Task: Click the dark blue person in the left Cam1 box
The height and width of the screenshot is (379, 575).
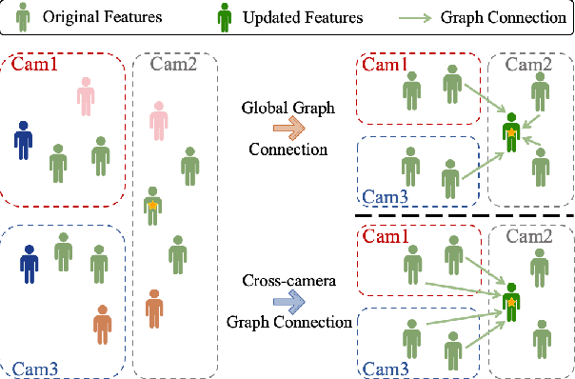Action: tap(24, 139)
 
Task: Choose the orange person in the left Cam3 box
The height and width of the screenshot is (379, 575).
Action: tap(103, 324)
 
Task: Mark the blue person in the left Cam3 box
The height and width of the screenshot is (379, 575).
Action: tap(30, 264)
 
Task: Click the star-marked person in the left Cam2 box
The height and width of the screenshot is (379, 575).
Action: tap(151, 206)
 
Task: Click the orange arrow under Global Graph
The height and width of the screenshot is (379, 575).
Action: tap(284, 128)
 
